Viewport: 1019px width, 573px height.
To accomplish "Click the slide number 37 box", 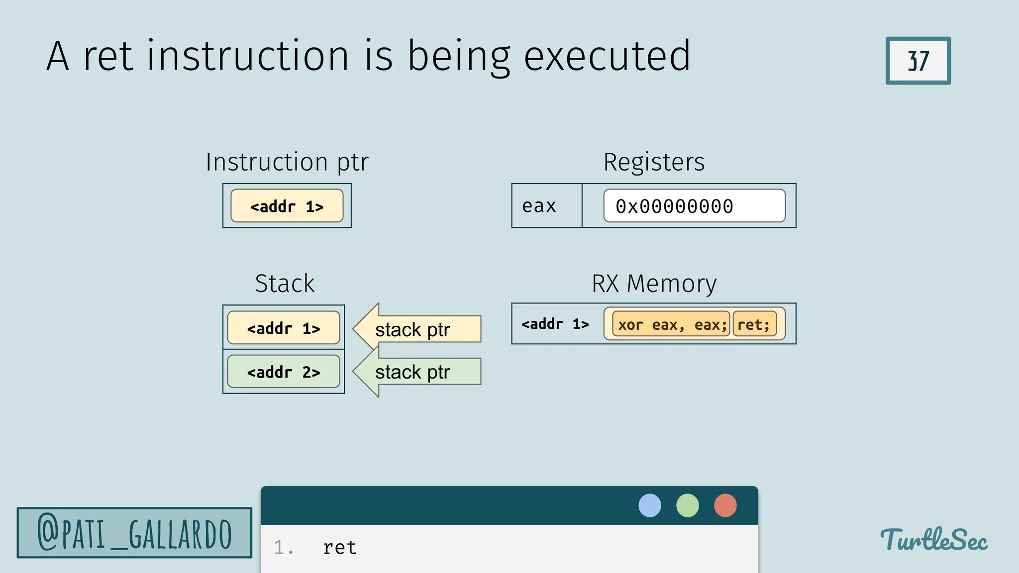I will [918, 61].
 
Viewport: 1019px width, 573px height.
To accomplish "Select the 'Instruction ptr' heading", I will [287, 162].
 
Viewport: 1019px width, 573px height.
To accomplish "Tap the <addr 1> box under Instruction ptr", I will [287, 206].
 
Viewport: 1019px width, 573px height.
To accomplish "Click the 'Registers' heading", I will [654, 162].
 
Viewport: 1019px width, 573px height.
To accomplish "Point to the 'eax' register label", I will [539, 206].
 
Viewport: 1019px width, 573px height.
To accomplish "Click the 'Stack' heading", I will [285, 284].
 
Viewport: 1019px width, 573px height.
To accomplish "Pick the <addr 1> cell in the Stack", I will [284, 328].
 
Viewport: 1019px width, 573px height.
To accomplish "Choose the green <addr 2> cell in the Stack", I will [284, 372].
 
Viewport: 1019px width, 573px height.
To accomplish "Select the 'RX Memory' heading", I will [654, 284].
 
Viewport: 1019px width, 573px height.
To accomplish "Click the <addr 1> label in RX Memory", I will [555, 324].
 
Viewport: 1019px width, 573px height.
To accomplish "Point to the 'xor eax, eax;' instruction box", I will [671, 324].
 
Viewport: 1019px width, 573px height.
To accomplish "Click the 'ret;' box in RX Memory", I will [754, 324].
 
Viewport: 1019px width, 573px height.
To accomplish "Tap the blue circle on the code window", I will [650, 505].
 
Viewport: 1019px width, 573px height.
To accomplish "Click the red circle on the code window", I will [725, 505].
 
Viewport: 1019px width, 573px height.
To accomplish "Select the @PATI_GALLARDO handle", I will [134, 533].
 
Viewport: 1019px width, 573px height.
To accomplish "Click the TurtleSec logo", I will [934, 540].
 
